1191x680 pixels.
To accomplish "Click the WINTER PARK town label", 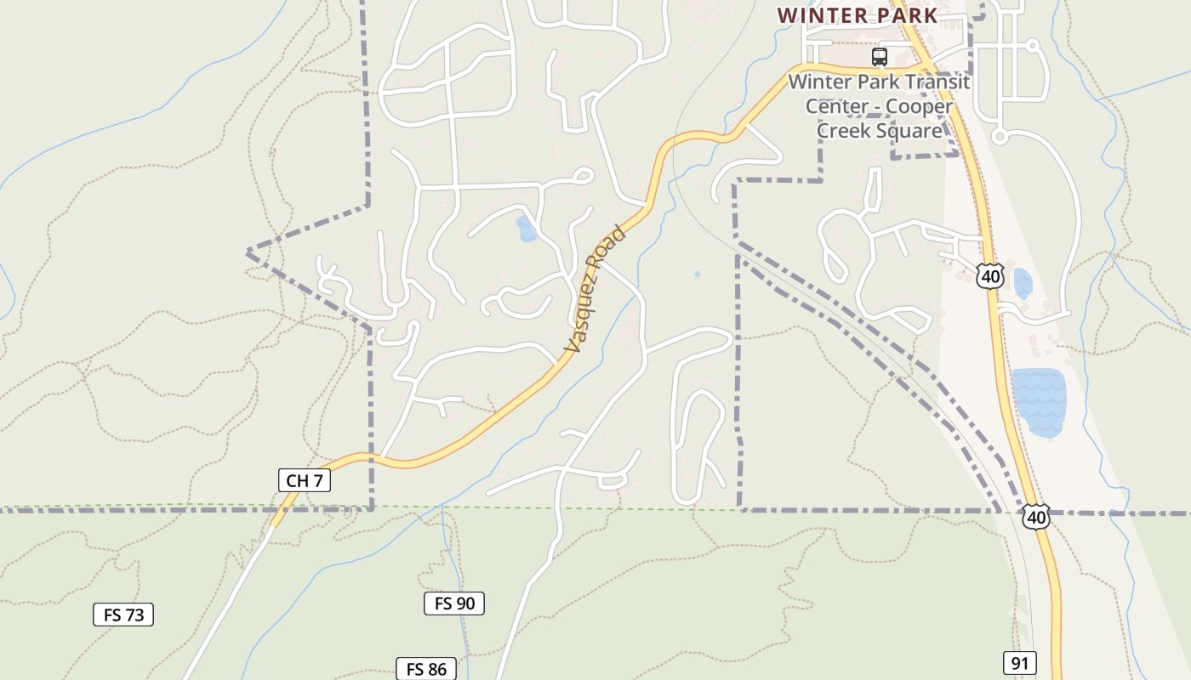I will (x=858, y=15).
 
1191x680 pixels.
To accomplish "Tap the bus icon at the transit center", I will (x=880, y=57).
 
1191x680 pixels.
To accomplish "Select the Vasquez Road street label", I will (x=595, y=289).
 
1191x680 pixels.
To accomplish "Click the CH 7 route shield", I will (x=304, y=480).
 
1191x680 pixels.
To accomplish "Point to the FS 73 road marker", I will (x=123, y=615).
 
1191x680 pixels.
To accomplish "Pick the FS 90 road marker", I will (x=454, y=603).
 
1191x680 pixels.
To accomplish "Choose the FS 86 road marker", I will (x=426, y=669).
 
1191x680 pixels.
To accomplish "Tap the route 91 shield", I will (x=1019, y=663).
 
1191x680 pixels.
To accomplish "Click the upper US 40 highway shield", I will (x=990, y=275).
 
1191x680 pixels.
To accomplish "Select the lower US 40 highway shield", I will (x=1035, y=516).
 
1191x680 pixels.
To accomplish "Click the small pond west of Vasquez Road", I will (x=527, y=229).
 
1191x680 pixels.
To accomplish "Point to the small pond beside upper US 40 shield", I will (x=1022, y=284).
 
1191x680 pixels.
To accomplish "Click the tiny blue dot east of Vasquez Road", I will (x=697, y=275).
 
